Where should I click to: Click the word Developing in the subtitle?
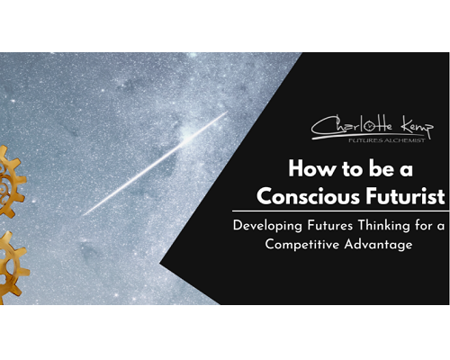pyautogui.click(x=267, y=226)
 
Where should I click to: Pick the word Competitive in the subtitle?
pyautogui.click(x=302, y=245)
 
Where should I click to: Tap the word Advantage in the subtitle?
pyautogui.click(x=379, y=245)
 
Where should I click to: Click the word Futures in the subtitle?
pyautogui.click(x=329, y=225)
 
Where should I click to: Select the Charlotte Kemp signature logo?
pyautogui.click(x=373, y=129)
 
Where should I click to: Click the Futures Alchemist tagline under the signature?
pyautogui.click(x=387, y=140)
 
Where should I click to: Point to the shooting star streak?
pyautogui.click(x=155, y=164)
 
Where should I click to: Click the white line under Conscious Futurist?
pyautogui.click(x=341, y=211)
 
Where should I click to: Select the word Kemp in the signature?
pyautogui.click(x=418, y=127)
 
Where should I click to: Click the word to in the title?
pyautogui.click(x=353, y=170)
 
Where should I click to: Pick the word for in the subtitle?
pyautogui.click(x=424, y=225)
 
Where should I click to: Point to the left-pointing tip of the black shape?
pyautogui.click(x=160, y=264)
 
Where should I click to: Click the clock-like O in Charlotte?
pyautogui.click(x=369, y=126)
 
